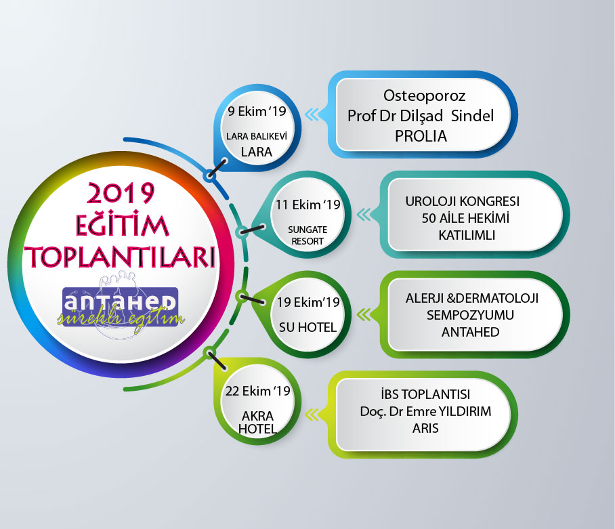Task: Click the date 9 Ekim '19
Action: (x=257, y=111)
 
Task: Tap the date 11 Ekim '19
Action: (x=308, y=205)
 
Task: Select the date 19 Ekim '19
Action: (x=308, y=302)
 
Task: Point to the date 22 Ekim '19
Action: (x=257, y=391)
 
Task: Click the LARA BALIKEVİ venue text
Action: (x=257, y=136)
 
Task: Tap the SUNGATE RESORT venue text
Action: (x=307, y=235)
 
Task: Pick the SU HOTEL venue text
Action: (x=308, y=327)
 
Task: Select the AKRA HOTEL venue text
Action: (x=257, y=423)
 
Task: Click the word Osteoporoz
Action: (x=425, y=96)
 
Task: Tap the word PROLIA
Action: (x=421, y=136)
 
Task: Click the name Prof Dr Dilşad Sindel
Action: (x=421, y=116)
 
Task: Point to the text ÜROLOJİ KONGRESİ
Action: (x=463, y=201)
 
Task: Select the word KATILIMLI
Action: (x=467, y=235)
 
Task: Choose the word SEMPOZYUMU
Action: (x=470, y=315)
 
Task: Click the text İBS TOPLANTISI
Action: (x=425, y=394)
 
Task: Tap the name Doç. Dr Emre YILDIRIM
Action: (x=425, y=411)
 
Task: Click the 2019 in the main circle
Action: (x=121, y=193)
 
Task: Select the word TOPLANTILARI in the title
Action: (x=121, y=257)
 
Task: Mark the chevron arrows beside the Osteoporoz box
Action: (x=312, y=114)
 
